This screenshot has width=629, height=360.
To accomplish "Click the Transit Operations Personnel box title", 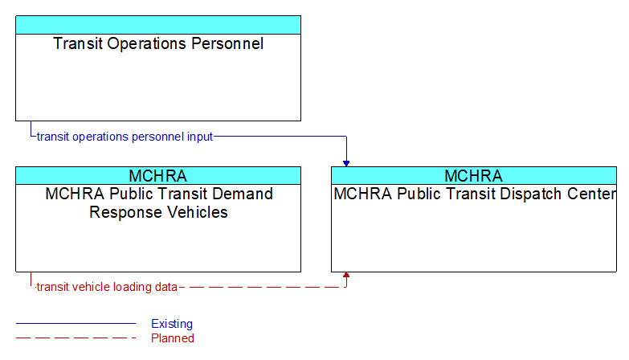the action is click(158, 43).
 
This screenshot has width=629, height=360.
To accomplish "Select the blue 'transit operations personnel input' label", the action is click(125, 137).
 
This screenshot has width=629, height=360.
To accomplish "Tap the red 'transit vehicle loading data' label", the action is click(107, 287).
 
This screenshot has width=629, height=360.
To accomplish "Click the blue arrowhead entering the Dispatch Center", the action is click(346, 163).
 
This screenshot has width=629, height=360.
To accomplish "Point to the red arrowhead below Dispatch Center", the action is click(346, 275).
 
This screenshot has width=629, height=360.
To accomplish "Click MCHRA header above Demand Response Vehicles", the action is click(158, 176).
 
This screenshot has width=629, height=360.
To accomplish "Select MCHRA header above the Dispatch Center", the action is click(473, 176).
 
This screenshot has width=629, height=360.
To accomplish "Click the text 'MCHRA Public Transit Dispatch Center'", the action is click(475, 194).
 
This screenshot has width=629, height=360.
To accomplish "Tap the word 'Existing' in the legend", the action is click(172, 324).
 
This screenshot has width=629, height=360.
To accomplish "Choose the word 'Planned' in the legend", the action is click(173, 338).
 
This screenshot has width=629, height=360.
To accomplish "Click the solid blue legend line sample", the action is click(76, 324).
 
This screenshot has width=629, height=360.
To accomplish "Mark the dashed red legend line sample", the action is click(76, 338).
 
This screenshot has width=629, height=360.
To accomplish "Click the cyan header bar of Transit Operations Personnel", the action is click(158, 25).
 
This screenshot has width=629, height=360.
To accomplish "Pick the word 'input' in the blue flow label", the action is click(200, 137).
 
